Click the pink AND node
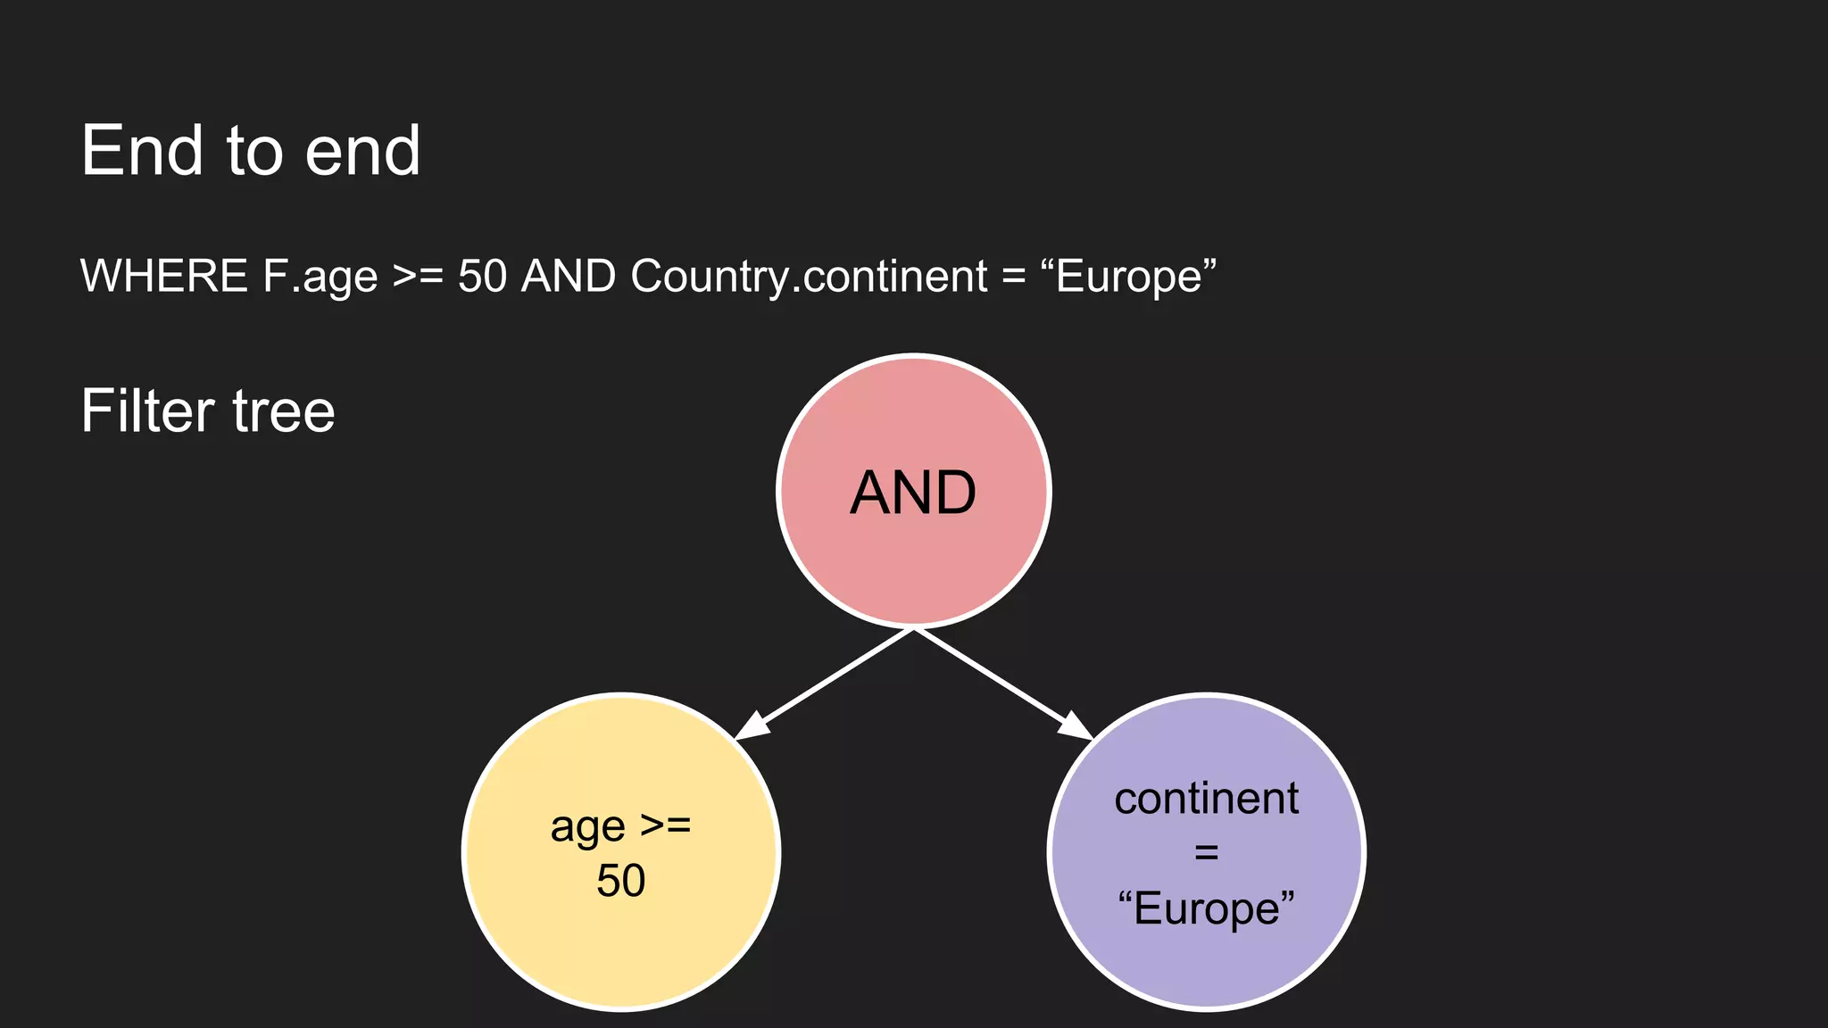tap(913, 492)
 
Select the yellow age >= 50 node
tap(621, 852)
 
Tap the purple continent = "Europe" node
tap(1206, 852)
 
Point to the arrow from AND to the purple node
tap(1003, 684)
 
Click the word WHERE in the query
tap(164, 276)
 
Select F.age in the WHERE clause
tap(320, 278)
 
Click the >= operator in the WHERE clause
tap(418, 277)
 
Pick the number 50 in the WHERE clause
tap(482, 276)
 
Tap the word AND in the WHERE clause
tap(569, 276)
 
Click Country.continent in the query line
tap(809, 278)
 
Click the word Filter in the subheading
tap(148, 411)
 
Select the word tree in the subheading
tap(284, 412)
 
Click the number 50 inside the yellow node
tap(621, 881)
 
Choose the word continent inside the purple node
tap(1206, 799)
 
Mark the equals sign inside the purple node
tap(1206, 853)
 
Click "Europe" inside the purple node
tap(1206, 909)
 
